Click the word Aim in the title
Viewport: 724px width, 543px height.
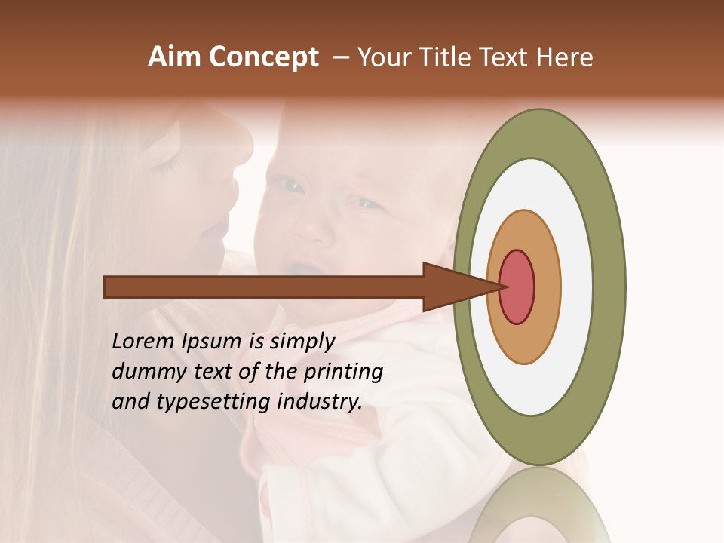[174, 57]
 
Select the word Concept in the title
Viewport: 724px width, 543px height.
[264, 58]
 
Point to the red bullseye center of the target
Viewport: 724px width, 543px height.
[517, 287]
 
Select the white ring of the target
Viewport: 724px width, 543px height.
[576, 287]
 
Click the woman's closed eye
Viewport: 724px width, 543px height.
[170, 162]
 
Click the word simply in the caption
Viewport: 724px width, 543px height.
[302, 342]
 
